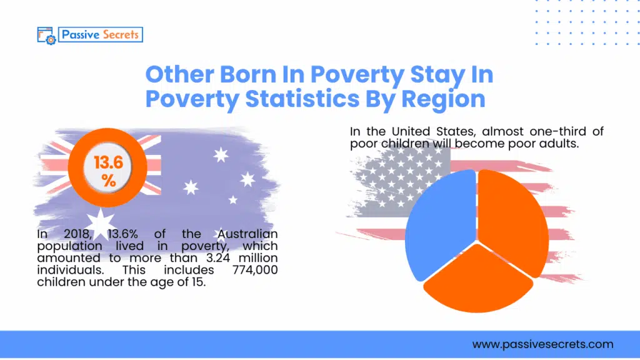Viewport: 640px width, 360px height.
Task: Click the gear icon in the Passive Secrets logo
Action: pos(50,39)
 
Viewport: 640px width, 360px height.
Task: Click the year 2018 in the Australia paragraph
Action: pos(74,234)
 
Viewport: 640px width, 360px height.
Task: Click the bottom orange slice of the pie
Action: pos(478,281)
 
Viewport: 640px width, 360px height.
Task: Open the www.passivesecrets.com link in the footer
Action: pos(542,344)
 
